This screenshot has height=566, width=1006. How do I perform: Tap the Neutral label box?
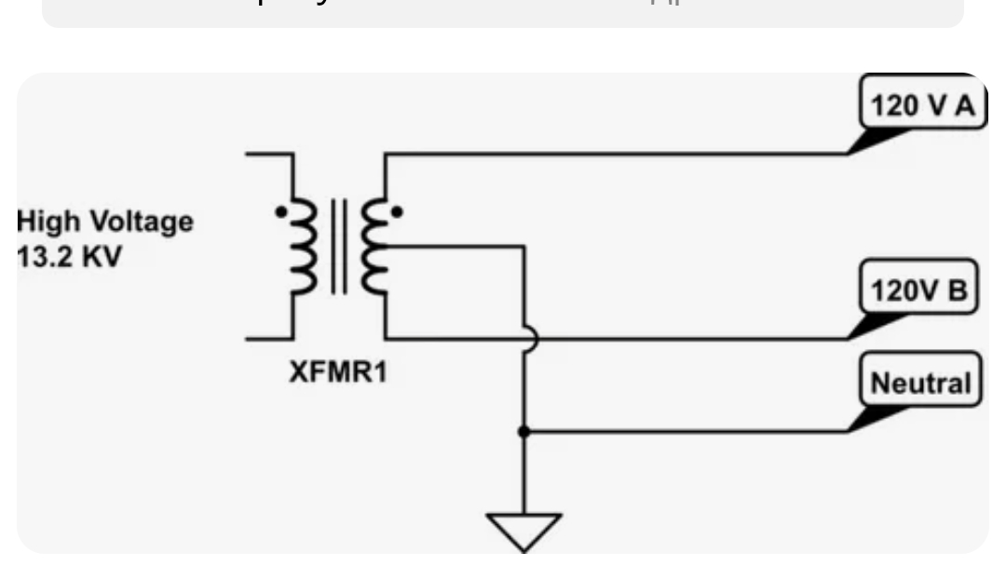920,383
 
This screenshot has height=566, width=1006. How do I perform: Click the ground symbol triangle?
524,530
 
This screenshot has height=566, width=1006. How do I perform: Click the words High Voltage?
105,222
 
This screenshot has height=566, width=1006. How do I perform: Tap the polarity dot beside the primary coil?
280,212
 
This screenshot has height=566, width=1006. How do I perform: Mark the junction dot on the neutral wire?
524,431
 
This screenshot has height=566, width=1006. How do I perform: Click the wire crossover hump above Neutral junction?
529,339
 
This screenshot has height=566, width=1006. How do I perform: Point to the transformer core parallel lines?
340,248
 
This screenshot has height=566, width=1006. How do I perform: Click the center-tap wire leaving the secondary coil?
456,247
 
